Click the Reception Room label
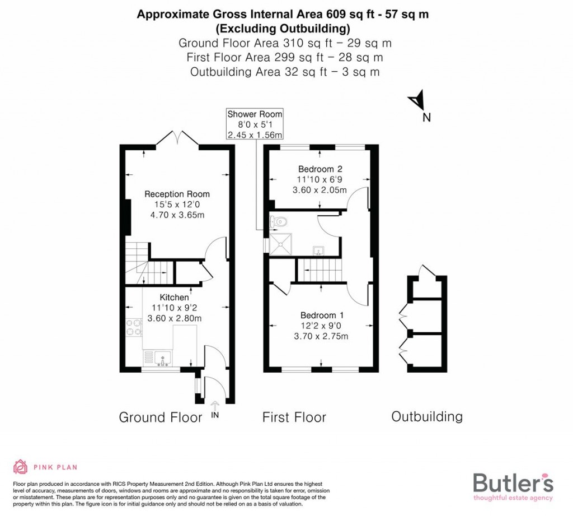click(177, 194)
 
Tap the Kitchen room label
click(174, 298)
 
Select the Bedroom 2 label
click(320, 169)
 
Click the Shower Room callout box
click(255, 124)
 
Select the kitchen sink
click(162, 356)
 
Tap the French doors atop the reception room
click(178, 137)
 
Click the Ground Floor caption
click(161, 417)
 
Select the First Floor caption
click(294, 417)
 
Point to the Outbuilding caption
click(427, 417)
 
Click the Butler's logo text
click(513, 482)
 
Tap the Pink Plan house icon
click(20, 467)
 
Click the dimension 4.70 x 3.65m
click(177, 215)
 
